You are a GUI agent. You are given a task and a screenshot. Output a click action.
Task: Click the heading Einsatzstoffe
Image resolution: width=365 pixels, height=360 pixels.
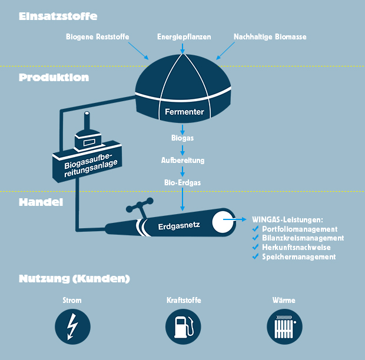tap(58, 16)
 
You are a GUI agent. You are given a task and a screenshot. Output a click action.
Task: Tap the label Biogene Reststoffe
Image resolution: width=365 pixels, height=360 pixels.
tap(97, 37)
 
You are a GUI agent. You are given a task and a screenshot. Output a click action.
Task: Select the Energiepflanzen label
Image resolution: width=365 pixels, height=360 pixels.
tap(183, 37)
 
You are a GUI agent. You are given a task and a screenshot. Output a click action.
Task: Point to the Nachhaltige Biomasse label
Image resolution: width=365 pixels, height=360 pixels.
tap(270, 37)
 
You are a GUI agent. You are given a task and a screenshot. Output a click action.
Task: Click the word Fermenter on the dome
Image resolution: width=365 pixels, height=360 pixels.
tap(184, 112)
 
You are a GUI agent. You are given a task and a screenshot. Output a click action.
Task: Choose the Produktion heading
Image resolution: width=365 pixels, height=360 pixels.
tap(54, 77)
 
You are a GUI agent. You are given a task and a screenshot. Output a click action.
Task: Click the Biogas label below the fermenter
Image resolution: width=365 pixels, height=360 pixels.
tap(183, 138)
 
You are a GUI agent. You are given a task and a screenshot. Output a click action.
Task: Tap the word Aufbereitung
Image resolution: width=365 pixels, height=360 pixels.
tap(183, 160)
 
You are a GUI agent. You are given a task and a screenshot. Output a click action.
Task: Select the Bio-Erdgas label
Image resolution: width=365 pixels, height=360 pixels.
tap(183, 182)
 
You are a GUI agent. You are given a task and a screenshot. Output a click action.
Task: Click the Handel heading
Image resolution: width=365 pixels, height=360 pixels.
tap(41, 202)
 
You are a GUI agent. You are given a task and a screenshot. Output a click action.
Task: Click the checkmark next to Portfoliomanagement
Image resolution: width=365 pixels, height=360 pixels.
tap(255, 229)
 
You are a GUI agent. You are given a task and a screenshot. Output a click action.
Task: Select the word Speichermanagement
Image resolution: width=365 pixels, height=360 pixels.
tap(299, 256)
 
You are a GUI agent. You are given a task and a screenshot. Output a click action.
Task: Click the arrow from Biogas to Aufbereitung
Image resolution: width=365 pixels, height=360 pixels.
tap(183, 149)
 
